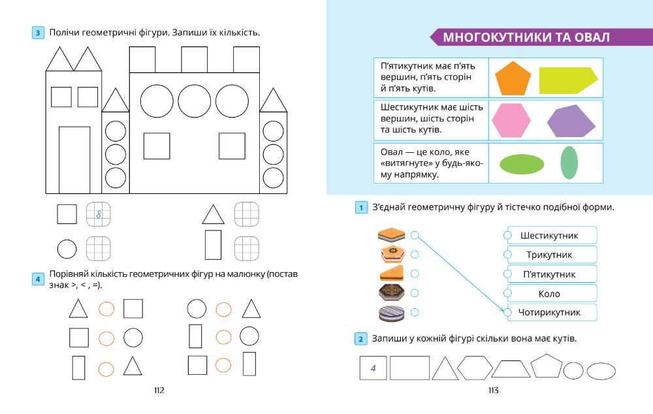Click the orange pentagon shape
511,79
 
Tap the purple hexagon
571,121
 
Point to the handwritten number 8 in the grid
99,214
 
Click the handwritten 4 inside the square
373,370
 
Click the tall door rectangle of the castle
74,159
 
